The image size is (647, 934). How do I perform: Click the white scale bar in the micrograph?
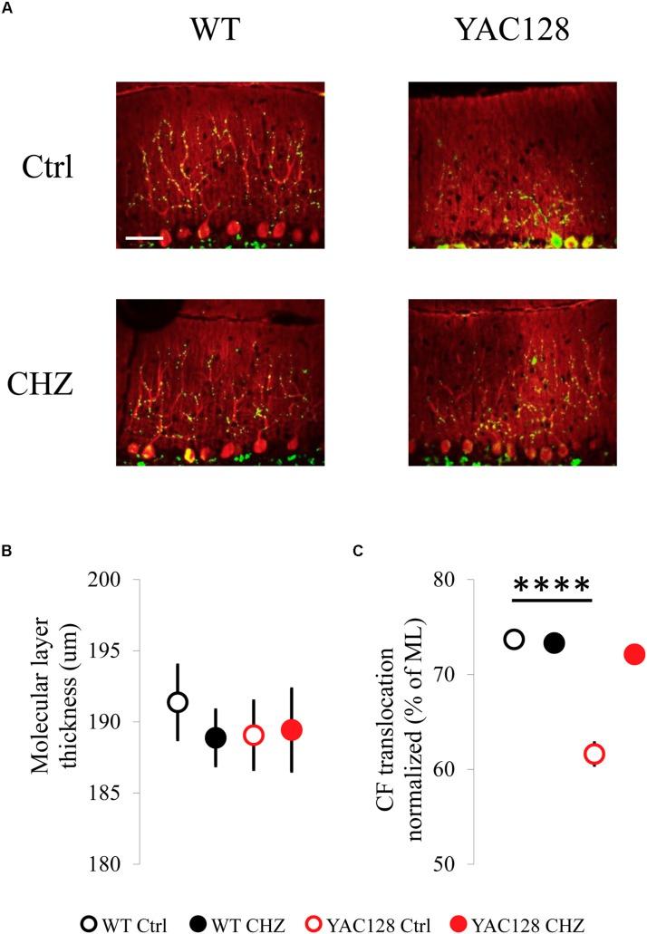point(144,238)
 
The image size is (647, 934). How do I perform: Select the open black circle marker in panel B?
point(178,702)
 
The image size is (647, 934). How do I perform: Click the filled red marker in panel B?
point(291,729)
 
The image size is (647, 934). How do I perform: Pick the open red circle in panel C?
point(594,754)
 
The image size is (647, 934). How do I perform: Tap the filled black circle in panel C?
point(554,642)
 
